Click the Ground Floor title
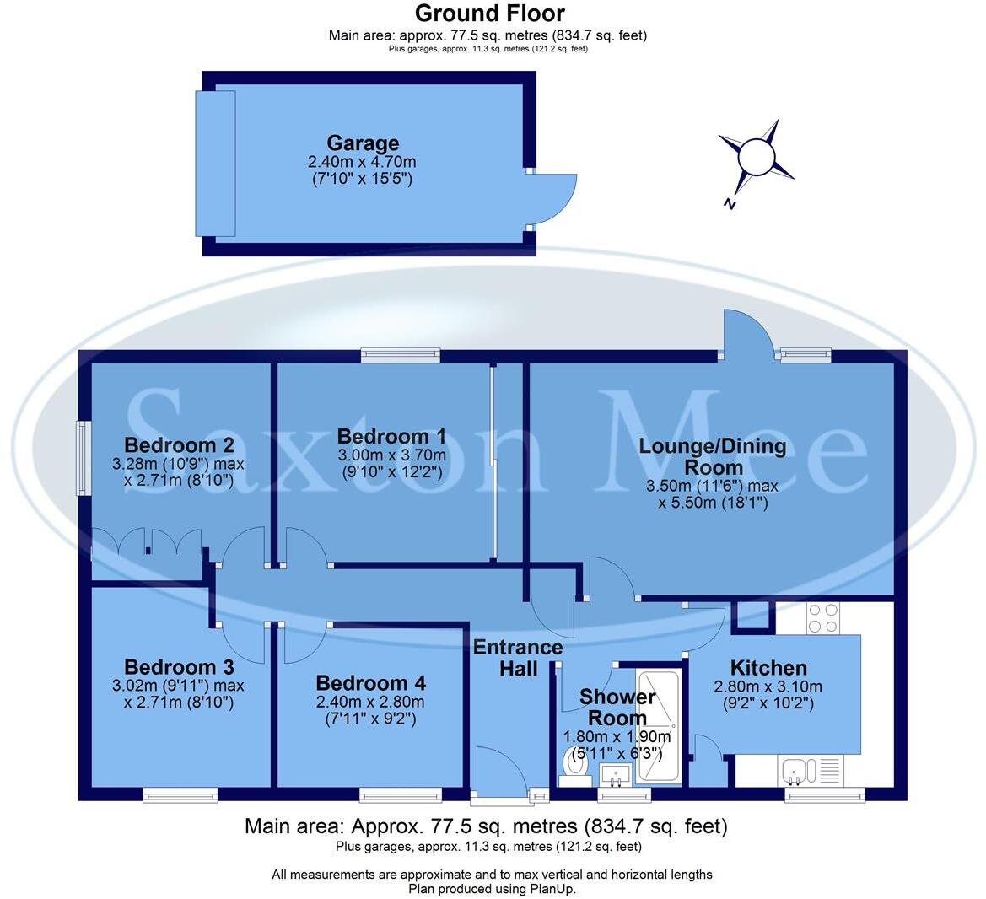click(489, 13)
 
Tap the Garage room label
click(363, 143)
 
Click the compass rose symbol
click(755, 158)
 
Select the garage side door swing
click(552, 201)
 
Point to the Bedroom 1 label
click(391, 436)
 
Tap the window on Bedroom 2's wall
click(82, 459)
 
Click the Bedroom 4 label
click(370, 683)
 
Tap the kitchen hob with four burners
click(822, 618)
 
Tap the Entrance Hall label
click(518, 658)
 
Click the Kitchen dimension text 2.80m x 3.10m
click(768, 686)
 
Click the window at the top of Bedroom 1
click(400, 356)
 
